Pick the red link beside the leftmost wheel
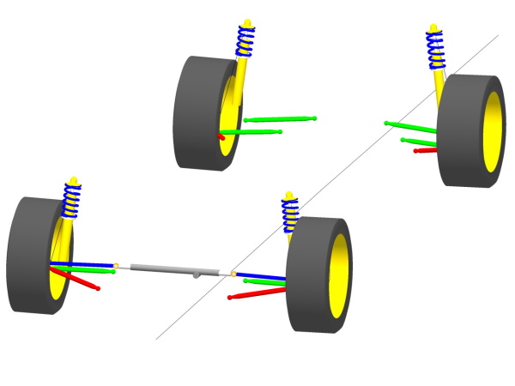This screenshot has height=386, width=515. pos(77,279)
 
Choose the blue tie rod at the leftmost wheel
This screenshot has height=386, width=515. pos(86,264)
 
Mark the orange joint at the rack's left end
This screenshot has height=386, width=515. pos(117,265)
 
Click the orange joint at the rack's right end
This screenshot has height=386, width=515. pos(233,274)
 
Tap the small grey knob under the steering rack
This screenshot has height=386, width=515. pos(197,275)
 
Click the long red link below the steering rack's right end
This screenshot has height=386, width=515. pos(257,293)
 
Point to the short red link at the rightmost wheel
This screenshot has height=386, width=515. pos(426,150)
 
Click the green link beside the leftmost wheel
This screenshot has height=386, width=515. pos(86,270)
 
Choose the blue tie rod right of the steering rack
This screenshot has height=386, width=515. pos(262,276)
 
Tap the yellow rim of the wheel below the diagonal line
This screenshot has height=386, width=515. pos(338,274)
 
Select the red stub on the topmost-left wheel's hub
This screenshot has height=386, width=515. pos(221,136)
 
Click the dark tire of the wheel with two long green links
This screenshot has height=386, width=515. pos(193,112)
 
